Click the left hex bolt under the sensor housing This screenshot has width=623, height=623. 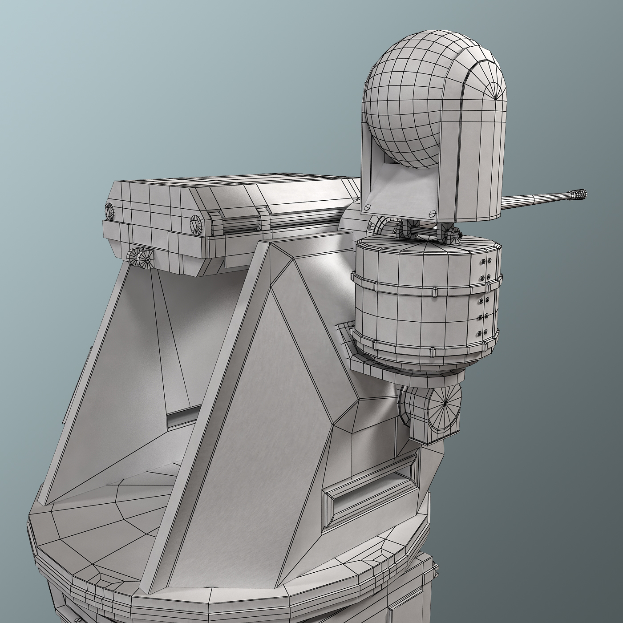(368, 208)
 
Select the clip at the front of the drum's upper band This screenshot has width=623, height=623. (432, 292)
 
